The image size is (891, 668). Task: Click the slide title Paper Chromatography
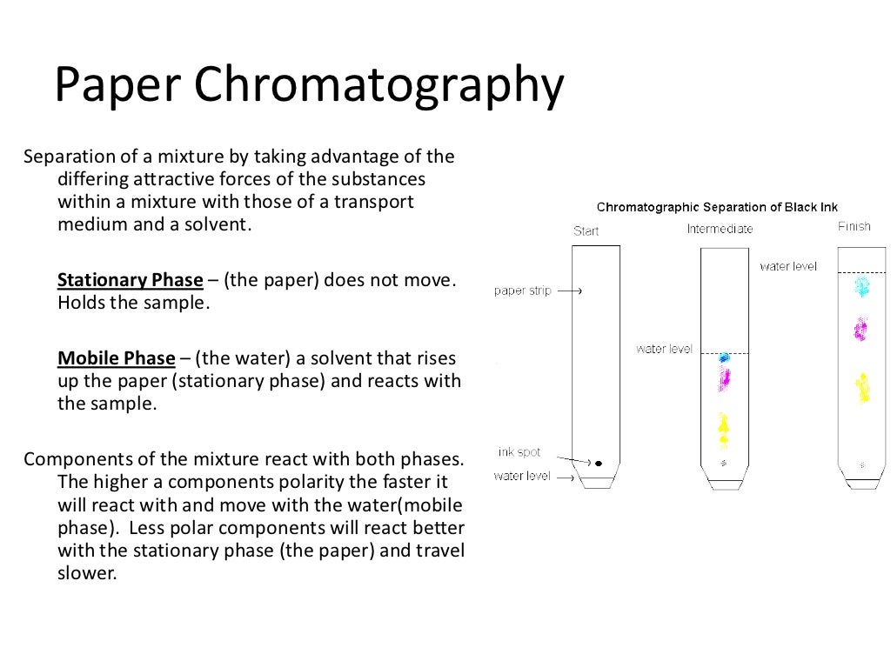(309, 85)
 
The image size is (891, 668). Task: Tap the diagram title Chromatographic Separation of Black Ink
(717, 207)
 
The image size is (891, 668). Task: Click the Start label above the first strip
(586, 230)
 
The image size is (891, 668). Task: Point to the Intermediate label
(720, 230)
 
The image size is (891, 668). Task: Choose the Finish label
(854, 227)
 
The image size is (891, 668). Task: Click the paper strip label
(522, 291)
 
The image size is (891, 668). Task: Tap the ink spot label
(519, 452)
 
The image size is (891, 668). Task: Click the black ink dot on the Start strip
(598, 463)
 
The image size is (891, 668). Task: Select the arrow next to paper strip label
(569, 291)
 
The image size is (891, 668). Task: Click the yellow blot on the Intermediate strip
(723, 427)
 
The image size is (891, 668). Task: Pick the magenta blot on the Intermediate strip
(723, 377)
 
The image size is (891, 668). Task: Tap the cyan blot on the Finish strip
(861, 286)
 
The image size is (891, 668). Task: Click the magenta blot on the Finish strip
(861, 329)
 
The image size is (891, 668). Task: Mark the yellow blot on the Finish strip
(862, 387)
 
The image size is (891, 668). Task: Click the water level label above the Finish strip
(787, 266)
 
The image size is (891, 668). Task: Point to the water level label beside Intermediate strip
(664, 349)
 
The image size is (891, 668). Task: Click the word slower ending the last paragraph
(86, 574)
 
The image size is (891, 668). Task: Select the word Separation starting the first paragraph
(67, 157)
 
